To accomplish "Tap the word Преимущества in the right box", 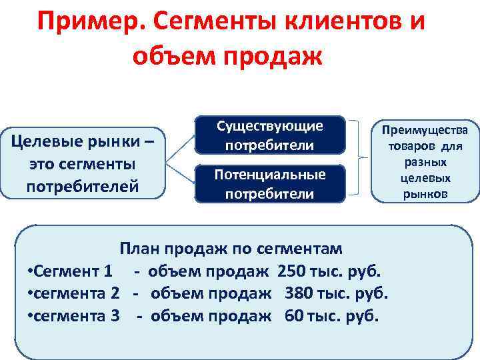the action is pyautogui.click(x=425, y=131).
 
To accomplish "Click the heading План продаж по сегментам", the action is pyautogui.click(x=231, y=249).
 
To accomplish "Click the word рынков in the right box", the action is pyautogui.click(x=425, y=194).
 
